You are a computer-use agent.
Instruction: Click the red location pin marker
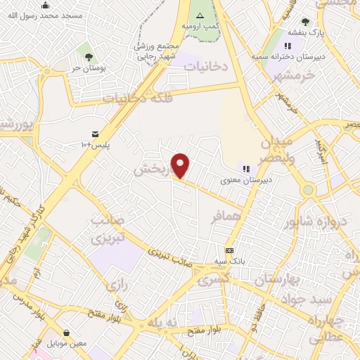(x=181, y=165)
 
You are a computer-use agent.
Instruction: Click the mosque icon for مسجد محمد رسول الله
(x=46, y=5)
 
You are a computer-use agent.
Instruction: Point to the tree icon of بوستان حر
(x=89, y=56)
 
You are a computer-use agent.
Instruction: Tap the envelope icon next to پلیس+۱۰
(x=95, y=134)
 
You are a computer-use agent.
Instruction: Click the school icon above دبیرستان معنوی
(x=246, y=168)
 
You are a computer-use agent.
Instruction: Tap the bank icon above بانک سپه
(x=230, y=250)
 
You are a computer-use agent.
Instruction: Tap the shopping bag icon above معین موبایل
(x=66, y=332)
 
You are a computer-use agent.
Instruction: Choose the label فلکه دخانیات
(x=138, y=98)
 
